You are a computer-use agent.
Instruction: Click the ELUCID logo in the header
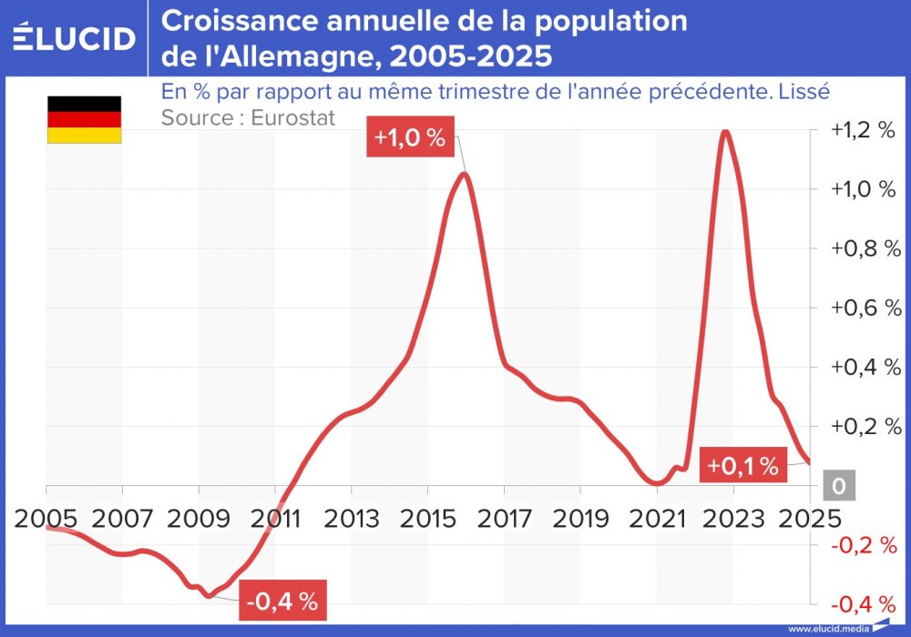coord(74,37)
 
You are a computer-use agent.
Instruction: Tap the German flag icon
coord(84,119)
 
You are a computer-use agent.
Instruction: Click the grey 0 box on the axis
coord(839,486)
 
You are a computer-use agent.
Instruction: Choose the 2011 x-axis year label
coord(277,518)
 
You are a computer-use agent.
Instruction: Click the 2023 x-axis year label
coord(733,518)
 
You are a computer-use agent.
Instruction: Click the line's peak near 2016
coord(465,174)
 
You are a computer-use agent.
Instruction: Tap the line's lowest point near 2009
coord(209,596)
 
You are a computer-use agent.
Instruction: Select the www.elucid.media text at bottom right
coord(827,628)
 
